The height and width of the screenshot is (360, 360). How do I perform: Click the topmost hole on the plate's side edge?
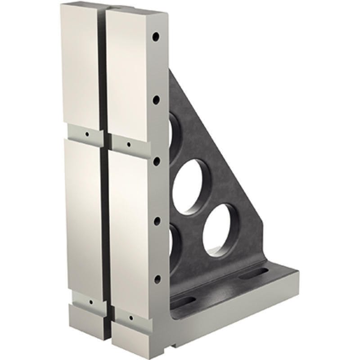[155, 36]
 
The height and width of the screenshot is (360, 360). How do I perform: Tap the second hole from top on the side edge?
[156, 100]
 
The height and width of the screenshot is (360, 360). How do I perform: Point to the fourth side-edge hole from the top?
[157, 221]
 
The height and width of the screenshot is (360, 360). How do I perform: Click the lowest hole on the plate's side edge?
[157, 279]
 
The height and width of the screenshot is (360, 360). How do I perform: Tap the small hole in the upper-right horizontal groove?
[129, 145]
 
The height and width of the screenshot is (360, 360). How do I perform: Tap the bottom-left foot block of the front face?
[88, 321]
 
